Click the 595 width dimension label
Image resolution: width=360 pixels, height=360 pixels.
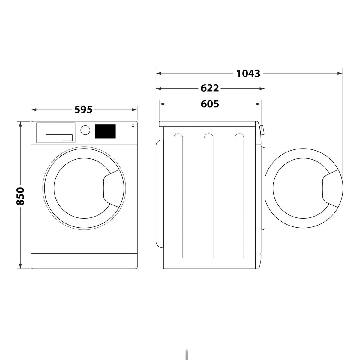[x=83, y=110]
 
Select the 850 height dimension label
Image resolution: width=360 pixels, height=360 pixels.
[x=20, y=196]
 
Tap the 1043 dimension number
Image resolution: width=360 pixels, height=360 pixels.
[x=248, y=73]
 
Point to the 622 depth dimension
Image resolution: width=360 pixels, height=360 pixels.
[x=210, y=88]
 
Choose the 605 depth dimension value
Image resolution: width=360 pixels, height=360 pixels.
[x=210, y=104]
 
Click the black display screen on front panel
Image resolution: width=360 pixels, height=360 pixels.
[x=105, y=131]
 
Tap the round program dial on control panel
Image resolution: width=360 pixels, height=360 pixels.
[x=85, y=130]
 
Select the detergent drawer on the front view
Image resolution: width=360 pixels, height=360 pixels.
[x=56, y=133]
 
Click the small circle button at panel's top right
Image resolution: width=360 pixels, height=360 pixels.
[x=133, y=125]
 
